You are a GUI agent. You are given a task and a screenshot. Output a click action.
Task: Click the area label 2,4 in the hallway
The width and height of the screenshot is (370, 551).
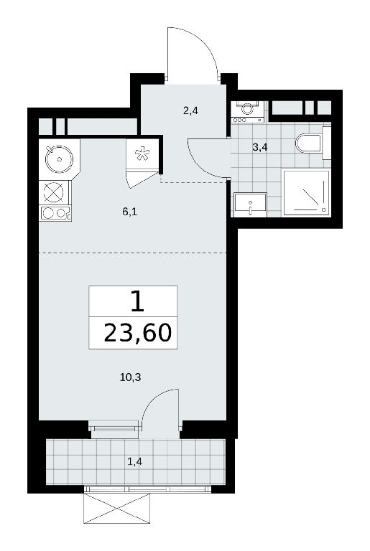click(190, 111)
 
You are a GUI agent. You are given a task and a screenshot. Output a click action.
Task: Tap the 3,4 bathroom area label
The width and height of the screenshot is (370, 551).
click(260, 147)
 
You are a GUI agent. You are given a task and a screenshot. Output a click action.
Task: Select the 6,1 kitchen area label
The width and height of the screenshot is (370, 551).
click(129, 212)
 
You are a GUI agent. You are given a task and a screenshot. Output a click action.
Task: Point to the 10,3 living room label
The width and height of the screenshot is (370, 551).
click(131, 377)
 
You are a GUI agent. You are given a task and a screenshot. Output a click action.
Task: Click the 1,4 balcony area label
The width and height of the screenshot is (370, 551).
click(135, 461)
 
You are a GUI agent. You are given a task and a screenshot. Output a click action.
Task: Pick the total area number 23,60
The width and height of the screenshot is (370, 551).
click(138, 332)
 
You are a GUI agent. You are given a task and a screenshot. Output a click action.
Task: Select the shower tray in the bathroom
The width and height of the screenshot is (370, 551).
click(306, 193)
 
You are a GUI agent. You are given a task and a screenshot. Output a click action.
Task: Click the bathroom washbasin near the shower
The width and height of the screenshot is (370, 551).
click(250, 204)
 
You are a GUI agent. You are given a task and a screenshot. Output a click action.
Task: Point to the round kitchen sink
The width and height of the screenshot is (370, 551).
click(59, 159)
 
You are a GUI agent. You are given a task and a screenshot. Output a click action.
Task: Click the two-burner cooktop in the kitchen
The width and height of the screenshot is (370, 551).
click(55, 213)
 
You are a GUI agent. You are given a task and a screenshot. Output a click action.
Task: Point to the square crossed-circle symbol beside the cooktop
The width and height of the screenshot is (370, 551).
click(54, 192)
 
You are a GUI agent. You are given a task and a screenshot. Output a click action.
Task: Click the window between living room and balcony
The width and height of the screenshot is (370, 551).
click(114, 428)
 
